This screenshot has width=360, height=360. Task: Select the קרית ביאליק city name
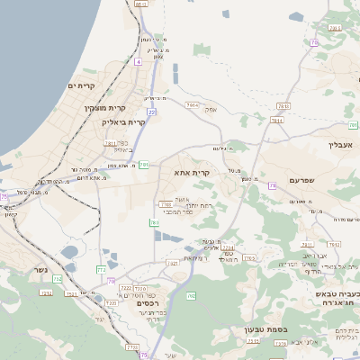(123, 121)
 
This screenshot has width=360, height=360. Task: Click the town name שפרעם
(307, 180)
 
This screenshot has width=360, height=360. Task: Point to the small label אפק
(211, 109)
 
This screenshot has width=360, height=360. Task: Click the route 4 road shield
(139, 62)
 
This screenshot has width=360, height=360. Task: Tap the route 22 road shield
(152, 112)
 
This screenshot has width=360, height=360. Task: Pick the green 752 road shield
(58, 280)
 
